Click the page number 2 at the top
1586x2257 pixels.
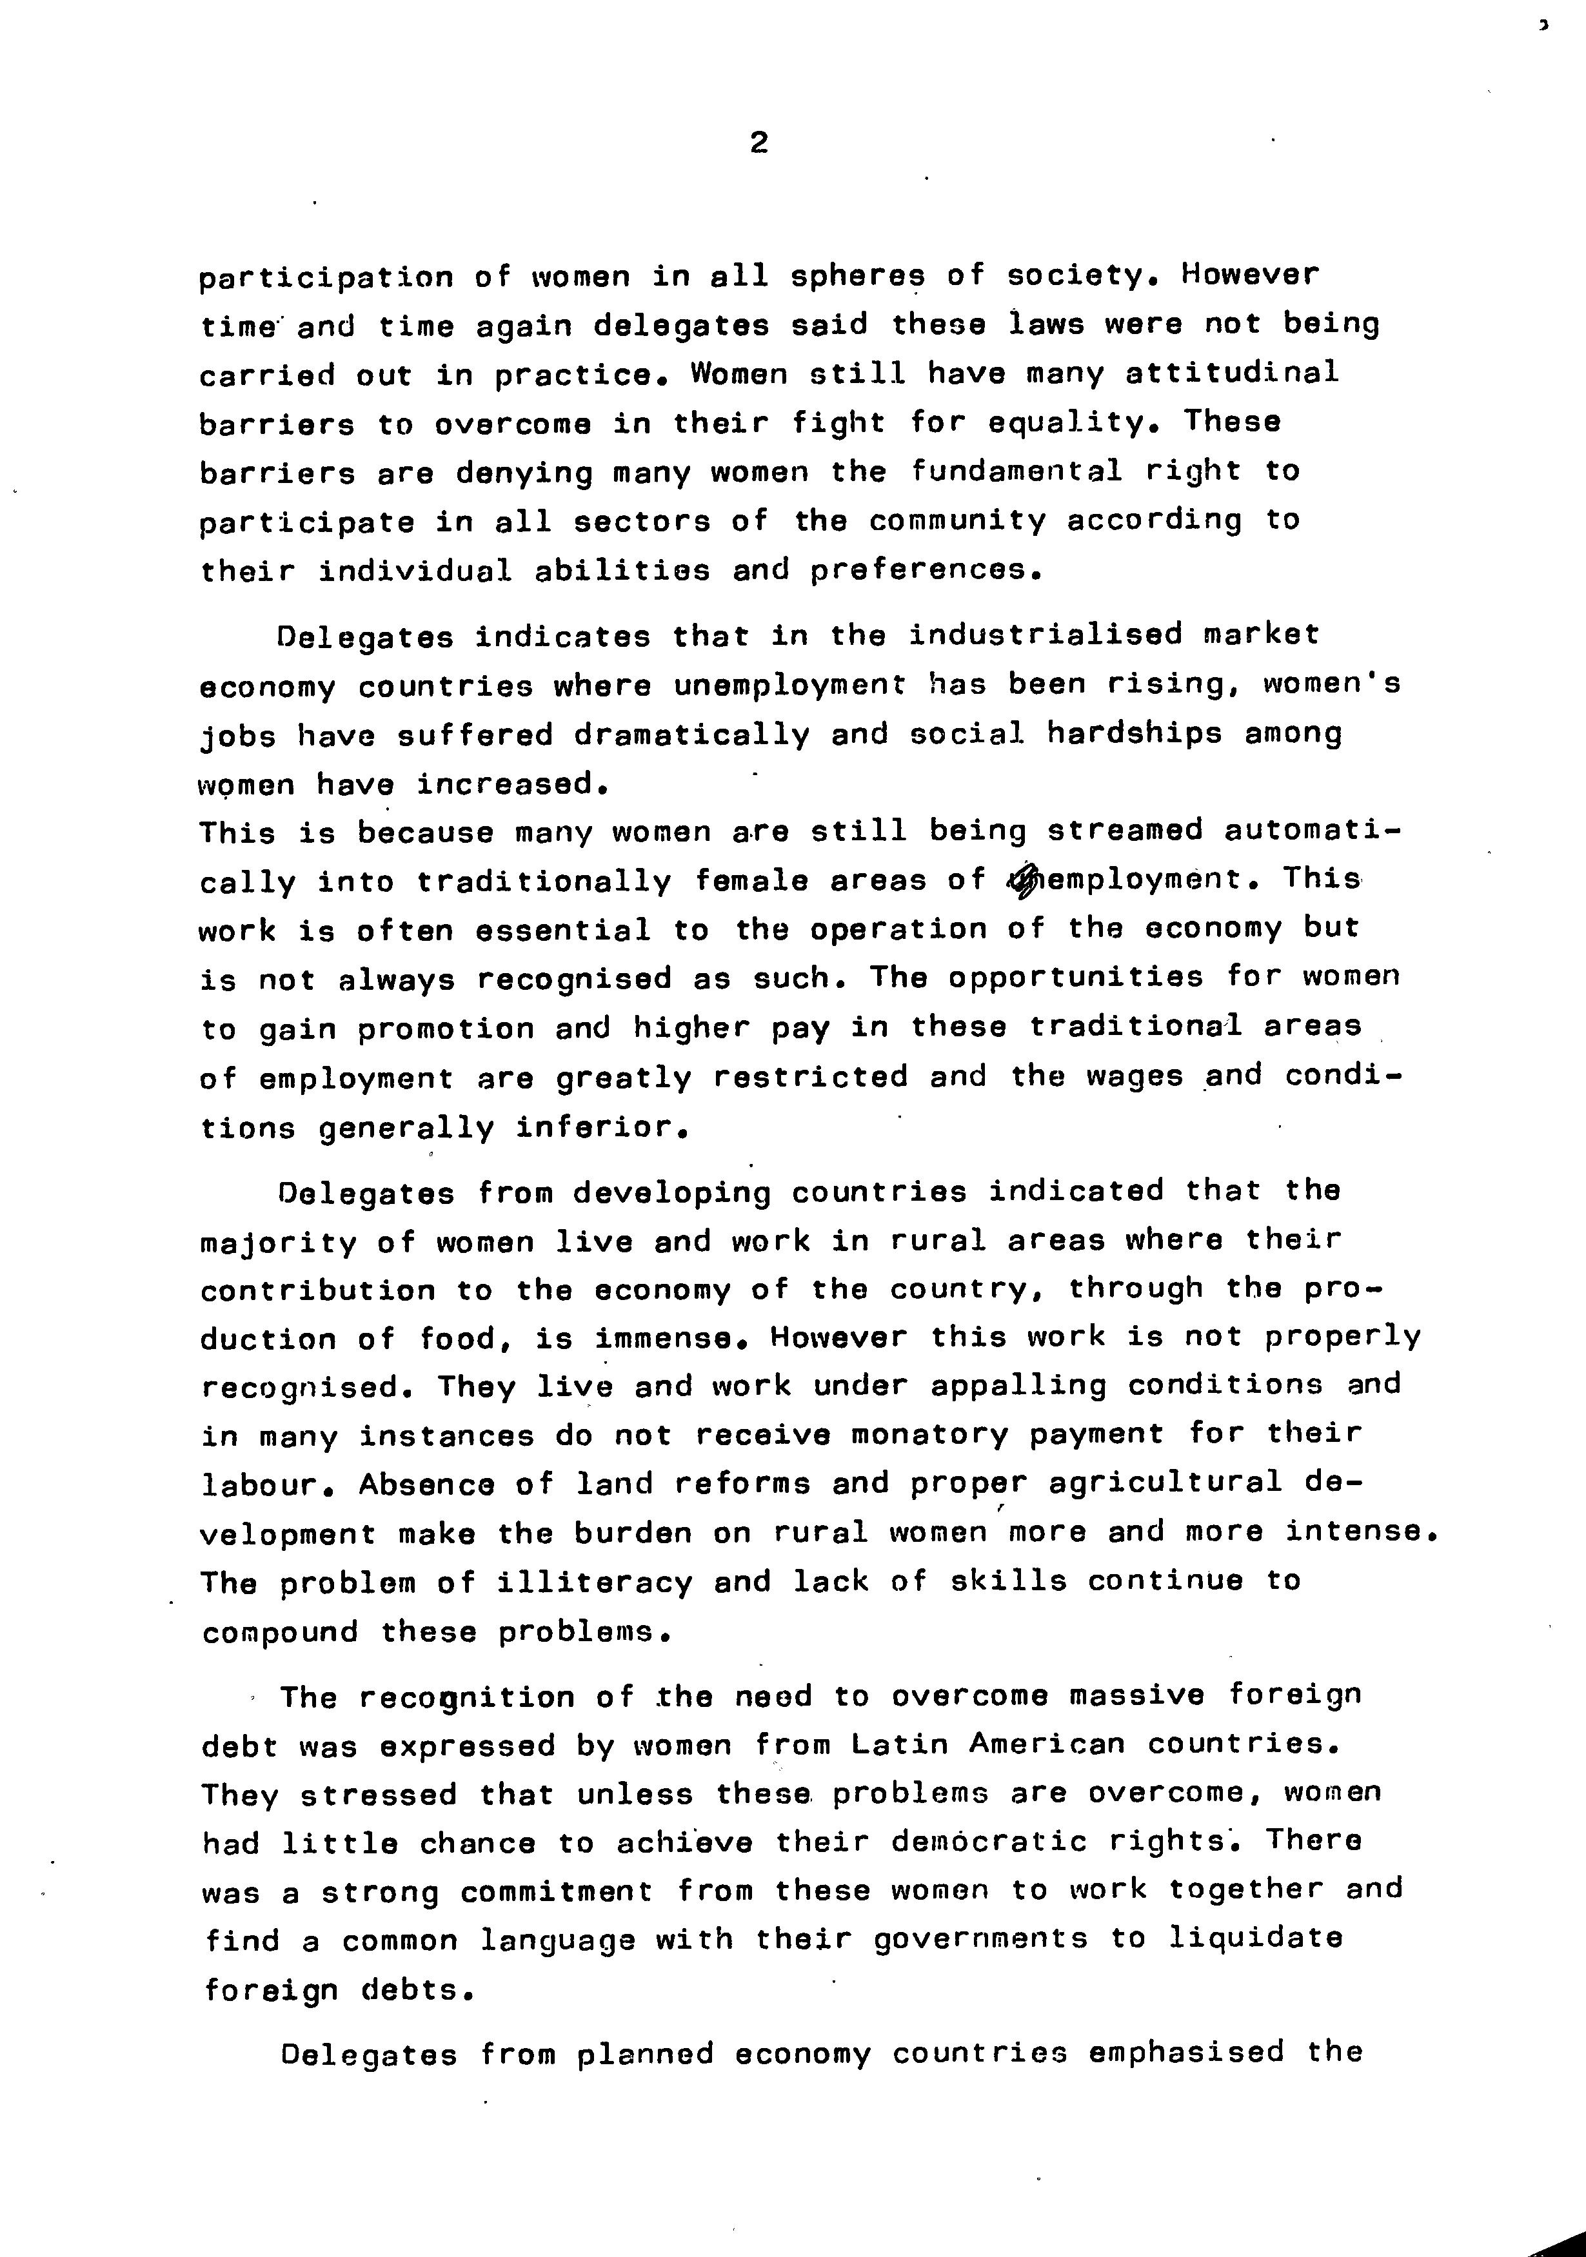758,144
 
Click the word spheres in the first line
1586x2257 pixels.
858,277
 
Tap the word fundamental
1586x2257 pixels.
1016,472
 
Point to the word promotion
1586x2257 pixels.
446,1029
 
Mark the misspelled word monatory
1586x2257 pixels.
930,1435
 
